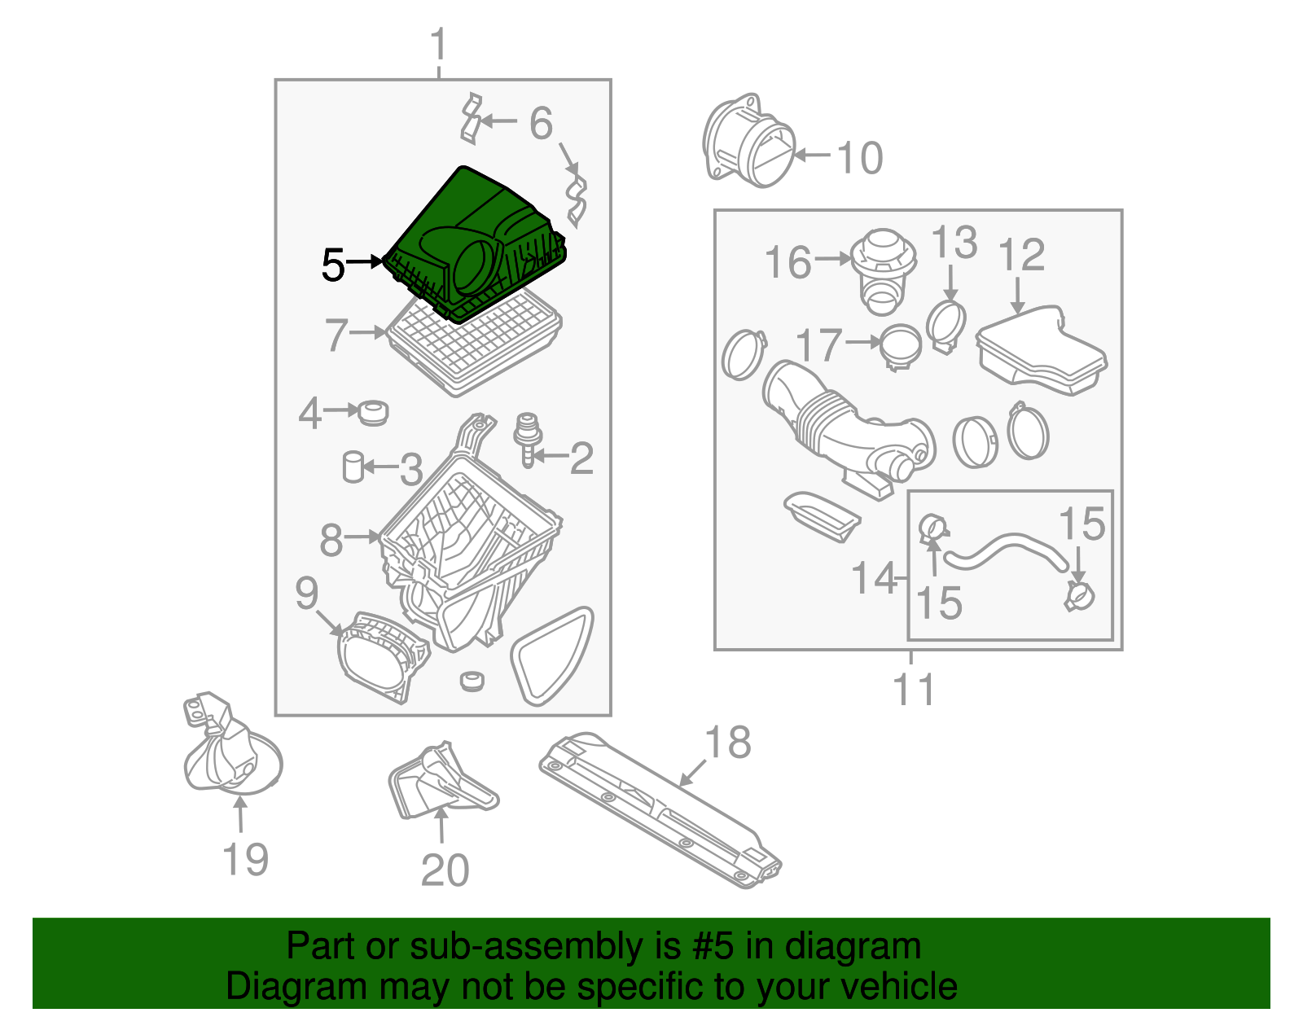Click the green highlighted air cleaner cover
[474, 246]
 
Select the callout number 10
[859, 158]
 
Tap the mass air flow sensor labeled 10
[748, 141]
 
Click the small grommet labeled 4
[373, 413]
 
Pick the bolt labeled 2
[526, 439]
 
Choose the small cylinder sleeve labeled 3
[353, 467]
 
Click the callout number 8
[331, 539]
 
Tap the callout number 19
[245, 859]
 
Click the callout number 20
[445, 870]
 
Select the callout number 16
[788, 262]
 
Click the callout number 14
[875, 578]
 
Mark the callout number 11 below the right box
[913, 689]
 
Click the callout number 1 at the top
[439, 44]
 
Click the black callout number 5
[333, 265]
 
